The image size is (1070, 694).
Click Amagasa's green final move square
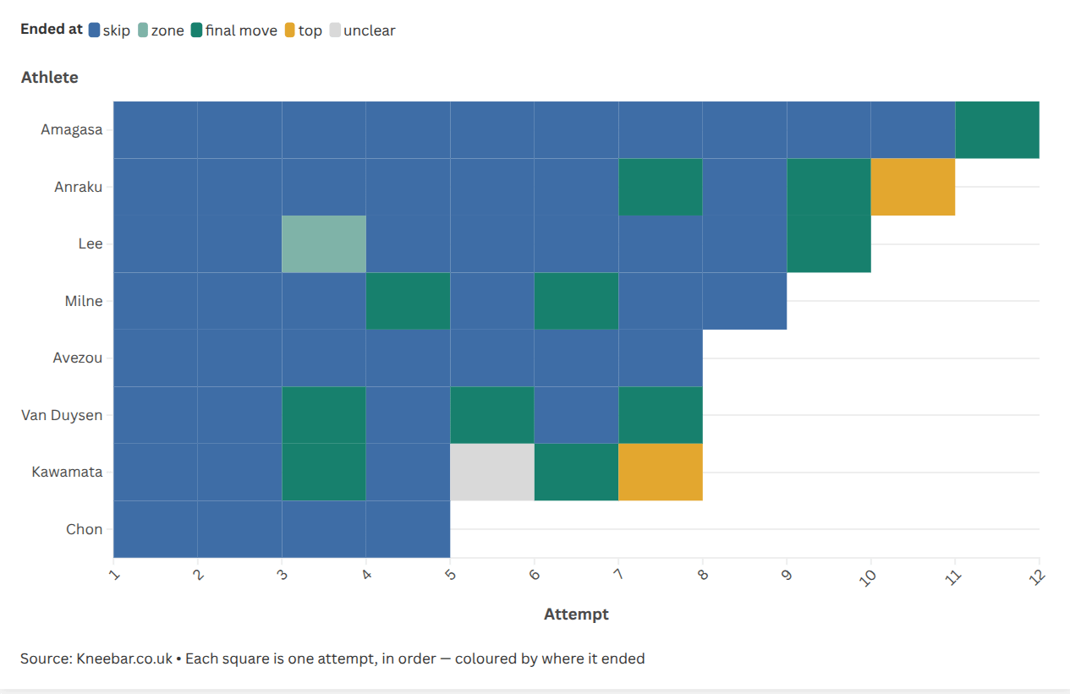coord(997,130)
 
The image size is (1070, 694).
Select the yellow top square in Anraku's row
coord(913,187)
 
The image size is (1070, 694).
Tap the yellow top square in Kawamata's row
coord(660,472)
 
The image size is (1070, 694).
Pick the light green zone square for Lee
coord(324,244)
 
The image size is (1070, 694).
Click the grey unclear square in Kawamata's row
coord(492,472)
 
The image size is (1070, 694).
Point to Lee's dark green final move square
coord(829,244)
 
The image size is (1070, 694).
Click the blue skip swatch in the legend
coord(94,30)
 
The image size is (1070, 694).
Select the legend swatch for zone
coord(143,30)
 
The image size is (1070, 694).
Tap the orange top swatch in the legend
coord(289,30)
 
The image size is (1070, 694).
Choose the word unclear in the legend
coord(370,30)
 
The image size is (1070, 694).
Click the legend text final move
coord(241,30)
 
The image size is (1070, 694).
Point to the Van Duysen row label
coord(62,415)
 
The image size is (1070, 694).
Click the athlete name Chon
coord(84,529)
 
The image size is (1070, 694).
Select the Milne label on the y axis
coord(84,301)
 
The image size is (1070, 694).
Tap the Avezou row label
coord(77,358)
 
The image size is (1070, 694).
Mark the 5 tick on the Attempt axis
coord(450,574)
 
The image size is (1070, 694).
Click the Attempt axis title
coord(576,614)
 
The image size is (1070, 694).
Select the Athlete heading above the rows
coord(50,77)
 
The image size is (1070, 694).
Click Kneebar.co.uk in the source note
coord(124,658)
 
